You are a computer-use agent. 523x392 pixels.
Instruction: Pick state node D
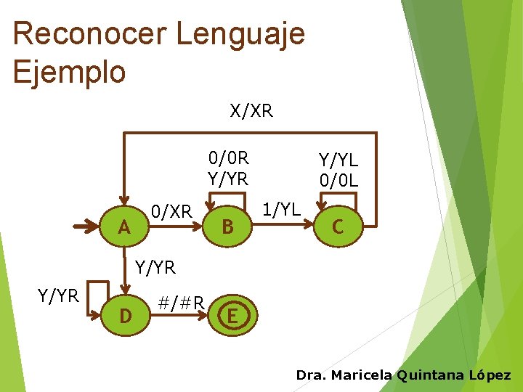tap(124, 317)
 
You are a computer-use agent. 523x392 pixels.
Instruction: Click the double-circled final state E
tap(232, 317)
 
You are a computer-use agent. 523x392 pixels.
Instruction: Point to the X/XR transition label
tap(251, 110)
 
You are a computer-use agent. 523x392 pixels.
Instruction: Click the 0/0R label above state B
tap(229, 158)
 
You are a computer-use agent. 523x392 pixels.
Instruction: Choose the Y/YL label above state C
tap(338, 160)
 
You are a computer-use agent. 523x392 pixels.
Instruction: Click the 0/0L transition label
tap(338, 179)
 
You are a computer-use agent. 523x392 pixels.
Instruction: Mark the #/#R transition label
tap(181, 301)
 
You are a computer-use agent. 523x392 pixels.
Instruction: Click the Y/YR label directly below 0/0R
tap(229, 178)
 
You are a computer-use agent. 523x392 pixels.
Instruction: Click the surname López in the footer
tap(490, 375)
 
